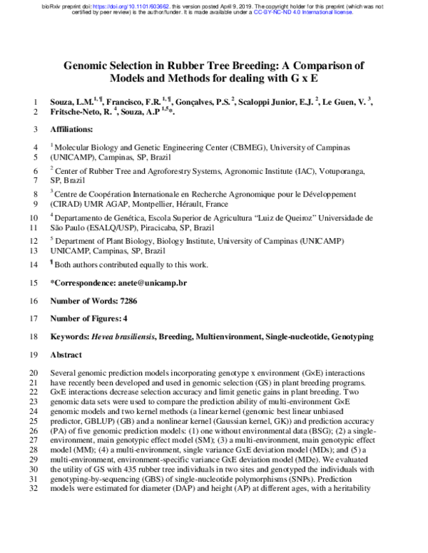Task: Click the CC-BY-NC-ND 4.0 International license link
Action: point(286,12)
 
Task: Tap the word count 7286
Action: point(125,301)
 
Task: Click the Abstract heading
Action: point(66,354)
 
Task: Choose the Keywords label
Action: point(68,336)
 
